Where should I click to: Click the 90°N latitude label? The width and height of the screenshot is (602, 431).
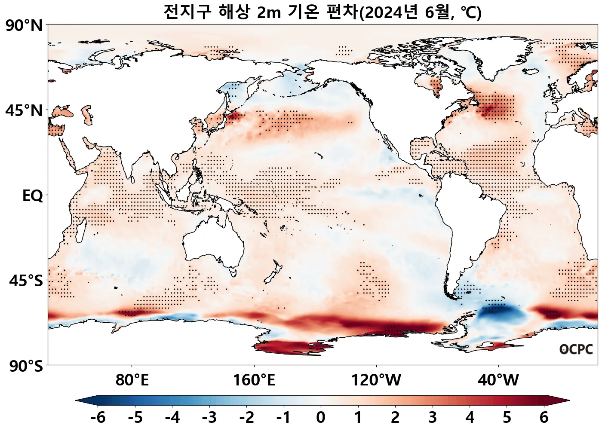click(24, 26)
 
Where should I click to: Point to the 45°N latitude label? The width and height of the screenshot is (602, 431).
click(24, 110)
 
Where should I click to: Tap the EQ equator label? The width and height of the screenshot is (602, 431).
click(33, 196)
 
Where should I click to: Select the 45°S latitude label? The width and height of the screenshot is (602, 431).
click(26, 281)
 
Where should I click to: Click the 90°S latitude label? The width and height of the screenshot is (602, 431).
click(26, 367)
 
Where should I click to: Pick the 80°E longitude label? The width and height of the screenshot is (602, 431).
click(132, 380)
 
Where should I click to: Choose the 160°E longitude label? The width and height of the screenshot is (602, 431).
click(254, 380)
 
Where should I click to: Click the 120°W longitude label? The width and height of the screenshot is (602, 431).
click(376, 380)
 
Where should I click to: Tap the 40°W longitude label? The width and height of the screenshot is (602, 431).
click(498, 380)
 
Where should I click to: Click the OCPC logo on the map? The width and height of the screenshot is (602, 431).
click(576, 349)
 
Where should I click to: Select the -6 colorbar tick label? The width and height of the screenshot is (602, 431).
click(98, 417)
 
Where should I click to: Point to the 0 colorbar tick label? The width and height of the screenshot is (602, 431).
click(321, 417)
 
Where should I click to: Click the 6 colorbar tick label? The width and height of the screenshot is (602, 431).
click(544, 417)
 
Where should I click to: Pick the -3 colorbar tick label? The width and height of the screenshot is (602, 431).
click(209, 417)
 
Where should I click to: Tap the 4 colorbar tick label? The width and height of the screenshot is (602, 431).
click(470, 417)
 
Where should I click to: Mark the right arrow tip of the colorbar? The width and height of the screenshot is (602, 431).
click(568, 401)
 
